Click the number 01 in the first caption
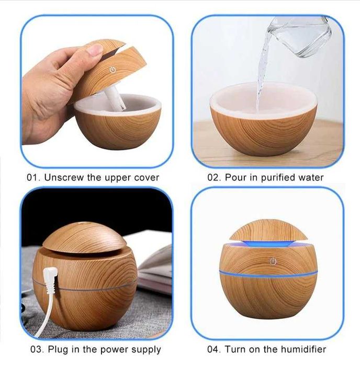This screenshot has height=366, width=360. [32, 178]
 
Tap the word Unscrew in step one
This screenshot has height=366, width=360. [64, 178]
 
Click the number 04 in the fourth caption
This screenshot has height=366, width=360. [213, 349]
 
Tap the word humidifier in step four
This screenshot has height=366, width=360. [303, 349]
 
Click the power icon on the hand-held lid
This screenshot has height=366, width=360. [113, 70]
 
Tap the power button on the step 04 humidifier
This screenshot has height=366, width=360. [273, 261]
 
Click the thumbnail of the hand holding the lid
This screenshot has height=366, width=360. [97, 91]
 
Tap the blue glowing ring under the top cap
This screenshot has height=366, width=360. [268, 243]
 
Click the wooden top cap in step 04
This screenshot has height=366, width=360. [268, 230]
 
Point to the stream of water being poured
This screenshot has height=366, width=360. [263, 75]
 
